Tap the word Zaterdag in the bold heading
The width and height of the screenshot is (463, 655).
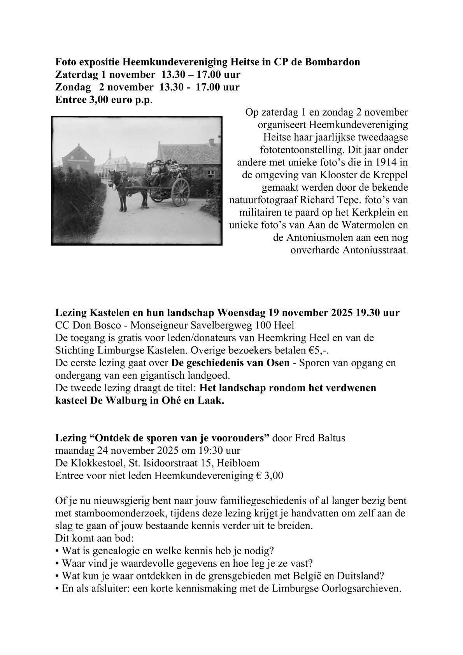(x=74, y=74)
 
